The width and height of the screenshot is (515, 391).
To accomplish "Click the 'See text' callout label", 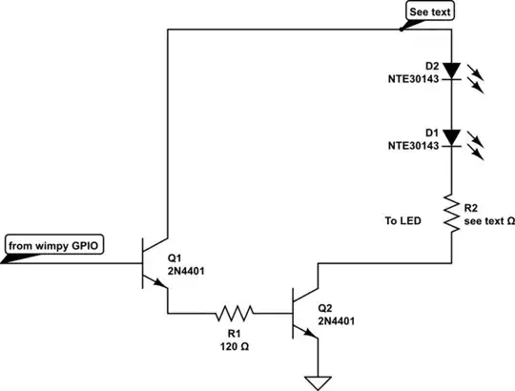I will [x=428, y=11].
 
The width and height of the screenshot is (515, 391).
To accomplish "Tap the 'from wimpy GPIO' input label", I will [x=53, y=246].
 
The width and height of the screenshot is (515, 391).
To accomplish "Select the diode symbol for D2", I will [x=452, y=70].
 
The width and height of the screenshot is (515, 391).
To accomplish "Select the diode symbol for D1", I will [x=452, y=135].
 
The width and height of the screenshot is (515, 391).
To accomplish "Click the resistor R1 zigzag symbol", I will [x=234, y=312].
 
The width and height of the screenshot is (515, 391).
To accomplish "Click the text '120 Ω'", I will [x=234, y=348].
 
